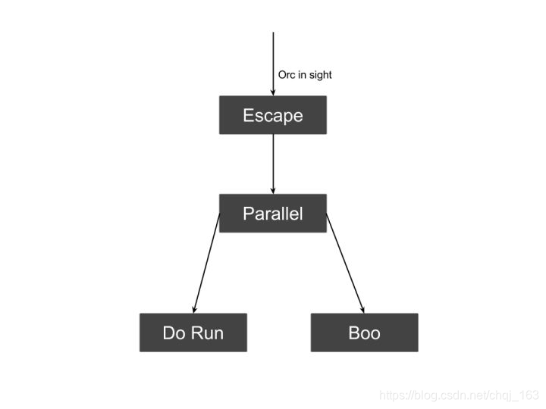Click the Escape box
(x=273, y=115)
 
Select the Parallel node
(x=273, y=213)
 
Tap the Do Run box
(x=193, y=333)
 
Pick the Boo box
(x=364, y=333)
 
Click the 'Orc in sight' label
(x=305, y=75)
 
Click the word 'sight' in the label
(x=320, y=75)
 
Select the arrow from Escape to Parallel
(x=273, y=163)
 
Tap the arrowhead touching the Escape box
(x=273, y=92)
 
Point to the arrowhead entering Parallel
(x=273, y=190)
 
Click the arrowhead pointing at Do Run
(x=195, y=309)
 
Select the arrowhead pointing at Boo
(x=362, y=309)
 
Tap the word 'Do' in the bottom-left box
(x=174, y=333)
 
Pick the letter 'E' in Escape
(x=248, y=115)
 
